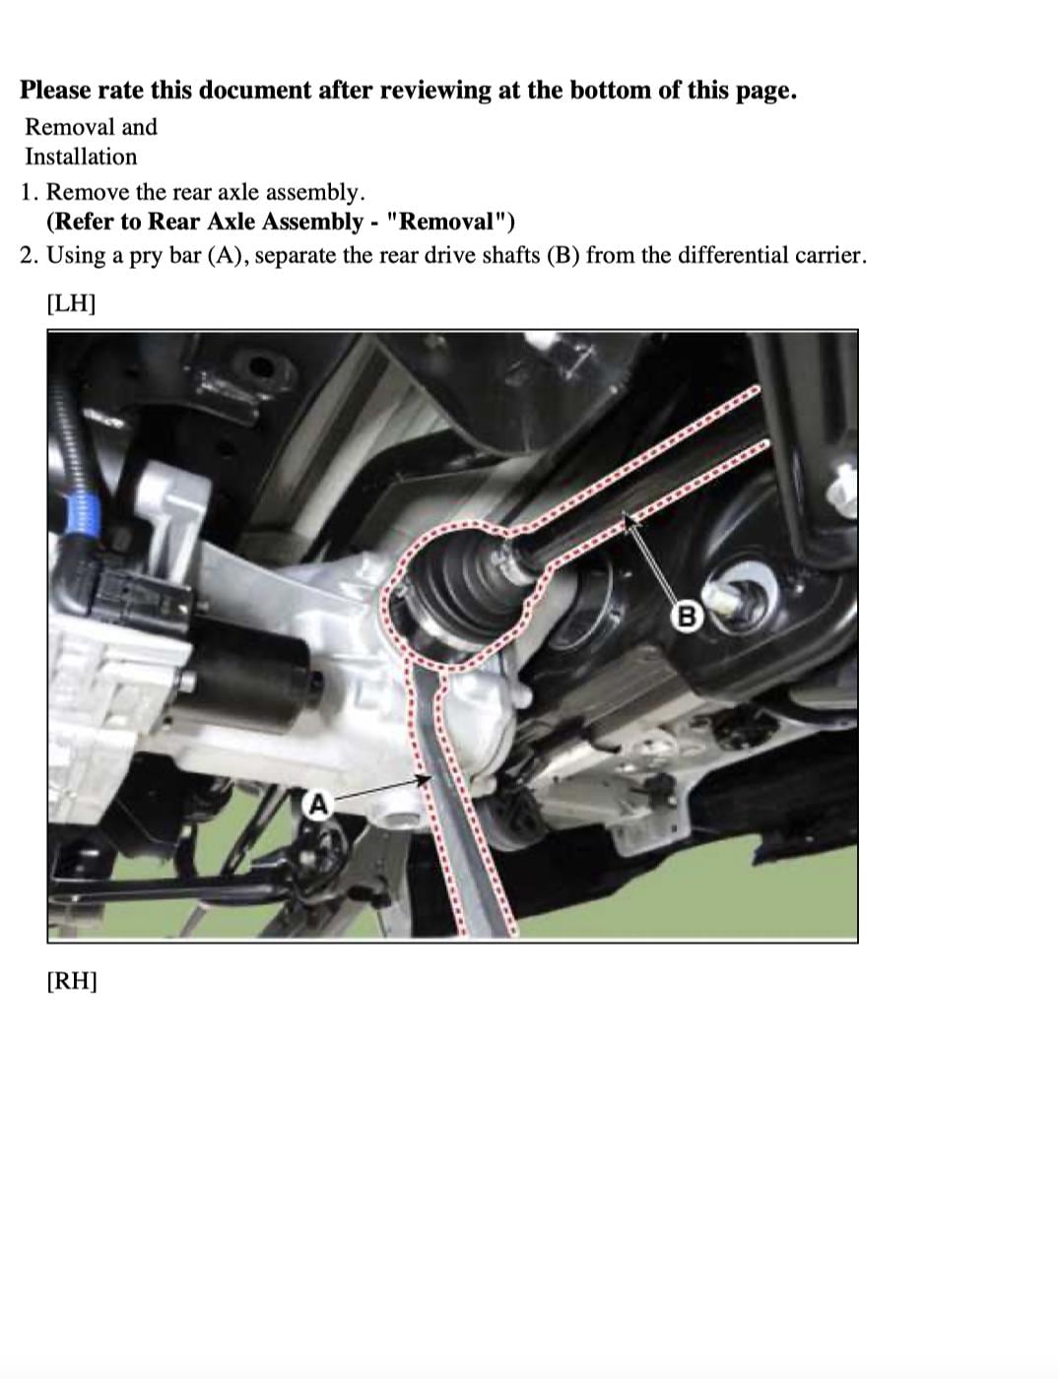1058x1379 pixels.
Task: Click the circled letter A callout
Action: [x=318, y=805]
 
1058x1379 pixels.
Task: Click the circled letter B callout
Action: [x=688, y=616]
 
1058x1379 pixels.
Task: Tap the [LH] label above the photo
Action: [x=71, y=303]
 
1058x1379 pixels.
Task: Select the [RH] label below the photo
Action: [x=72, y=980]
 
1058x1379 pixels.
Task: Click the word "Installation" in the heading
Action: [x=81, y=157]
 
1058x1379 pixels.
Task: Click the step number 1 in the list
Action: [x=27, y=192]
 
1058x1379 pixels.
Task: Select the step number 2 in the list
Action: [x=27, y=255]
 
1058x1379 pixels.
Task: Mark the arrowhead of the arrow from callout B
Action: [x=628, y=520]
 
